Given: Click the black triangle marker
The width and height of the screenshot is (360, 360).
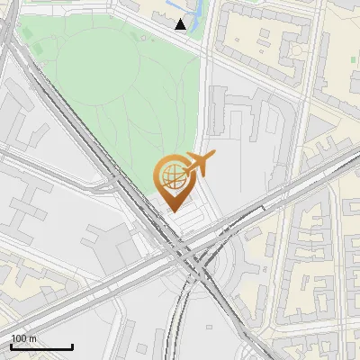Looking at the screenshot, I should point(181,24).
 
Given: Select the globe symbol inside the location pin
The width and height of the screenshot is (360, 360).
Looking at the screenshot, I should point(170,174).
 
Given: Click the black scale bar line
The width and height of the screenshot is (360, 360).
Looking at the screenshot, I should point(41,346).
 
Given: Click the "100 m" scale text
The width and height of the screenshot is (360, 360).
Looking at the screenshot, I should point(23,338).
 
